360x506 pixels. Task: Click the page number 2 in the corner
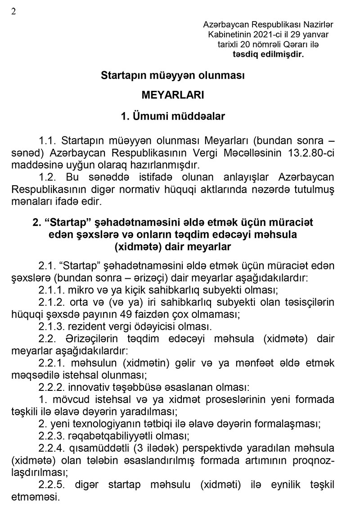(x=13, y=12)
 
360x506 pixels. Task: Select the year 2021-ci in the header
(x=266, y=35)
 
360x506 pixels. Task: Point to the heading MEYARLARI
(x=173, y=95)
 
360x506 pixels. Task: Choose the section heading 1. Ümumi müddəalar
(x=173, y=116)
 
